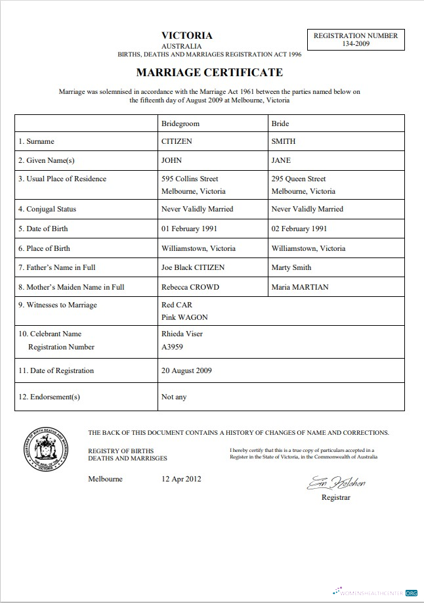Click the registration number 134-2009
pos(356,44)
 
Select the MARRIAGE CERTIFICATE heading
pos(209,72)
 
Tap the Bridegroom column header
pos(180,123)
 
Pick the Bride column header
pos(280,123)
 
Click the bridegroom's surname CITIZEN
pos(177,141)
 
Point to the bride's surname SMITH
pos(283,141)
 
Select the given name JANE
pos(281,160)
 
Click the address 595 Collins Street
pos(190,179)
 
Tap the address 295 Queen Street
pos(298,179)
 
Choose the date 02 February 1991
pos(299,229)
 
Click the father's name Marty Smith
pos(291,267)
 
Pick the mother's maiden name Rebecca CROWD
pos(190,287)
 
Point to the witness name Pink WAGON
pos(184,317)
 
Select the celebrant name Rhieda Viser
pos(182,334)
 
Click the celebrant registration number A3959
pos(173,347)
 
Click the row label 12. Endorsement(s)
pos(49,397)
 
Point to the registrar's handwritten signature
pos(335,483)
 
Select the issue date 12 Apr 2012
pos(181,479)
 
